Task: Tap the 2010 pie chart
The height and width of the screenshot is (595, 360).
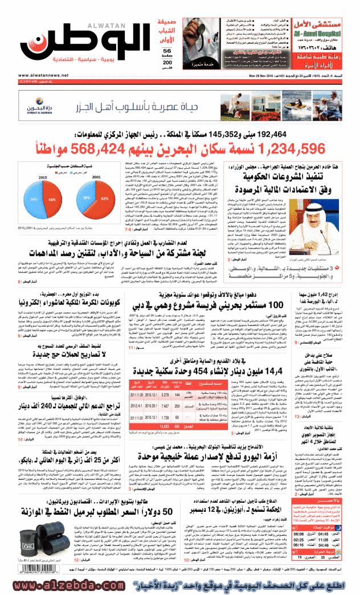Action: click(37, 199)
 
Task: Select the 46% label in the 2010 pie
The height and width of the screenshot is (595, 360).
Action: click(51, 199)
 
